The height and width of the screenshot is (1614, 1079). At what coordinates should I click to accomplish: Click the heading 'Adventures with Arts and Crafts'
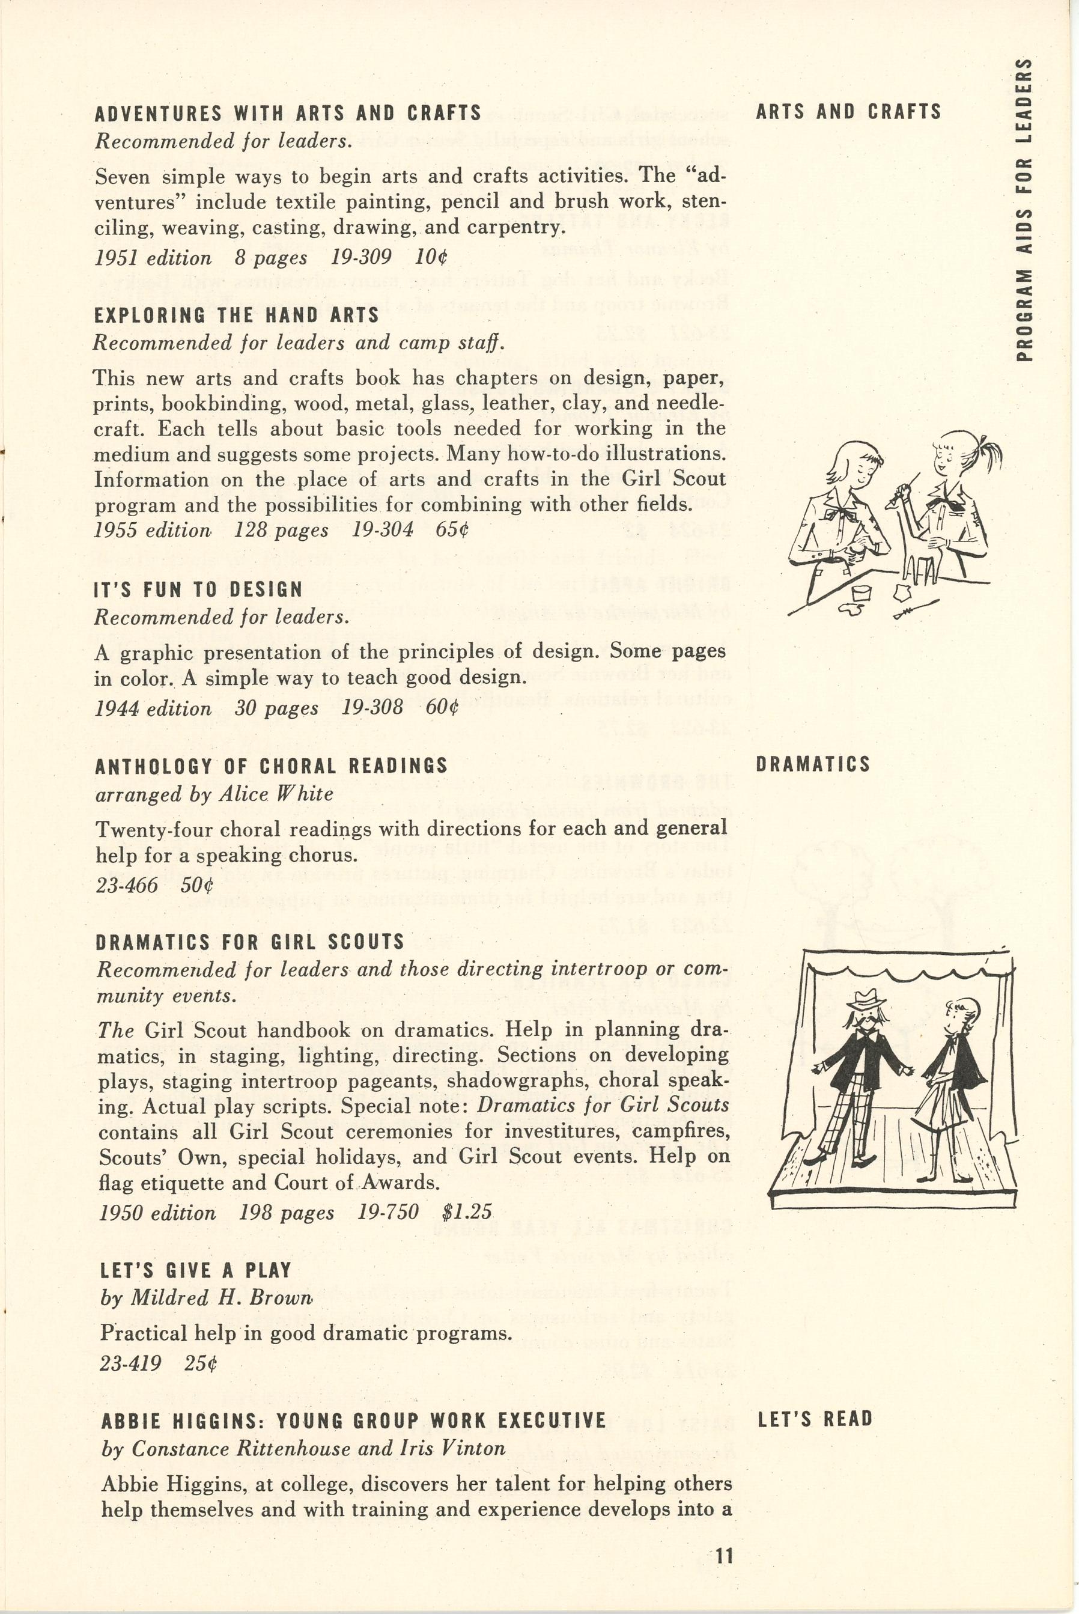(x=288, y=113)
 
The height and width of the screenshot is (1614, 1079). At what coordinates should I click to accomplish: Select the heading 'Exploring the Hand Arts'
(x=237, y=315)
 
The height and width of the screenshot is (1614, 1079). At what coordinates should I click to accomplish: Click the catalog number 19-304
(x=383, y=530)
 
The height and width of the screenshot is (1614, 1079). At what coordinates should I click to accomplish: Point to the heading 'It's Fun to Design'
(x=198, y=590)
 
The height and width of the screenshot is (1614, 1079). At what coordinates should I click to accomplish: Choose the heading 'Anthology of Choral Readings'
(x=271, y=766)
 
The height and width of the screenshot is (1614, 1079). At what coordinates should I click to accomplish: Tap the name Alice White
(x=276, y=794)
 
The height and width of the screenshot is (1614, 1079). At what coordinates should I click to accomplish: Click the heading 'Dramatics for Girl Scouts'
(x=250, y=942)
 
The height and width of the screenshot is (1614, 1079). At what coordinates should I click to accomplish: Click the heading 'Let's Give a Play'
(x=196, y=1270)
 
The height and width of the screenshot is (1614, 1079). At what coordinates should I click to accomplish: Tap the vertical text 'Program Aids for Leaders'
(x=1024, y=210)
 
